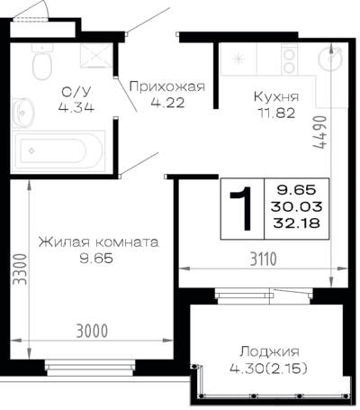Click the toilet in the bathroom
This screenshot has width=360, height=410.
[x=42, y=61]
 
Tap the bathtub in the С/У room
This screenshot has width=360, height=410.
[x=58, y=150]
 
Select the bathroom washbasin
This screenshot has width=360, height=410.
[x=23, y=113]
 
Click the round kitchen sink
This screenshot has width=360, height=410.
[x=330, y=59]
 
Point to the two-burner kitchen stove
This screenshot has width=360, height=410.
[x=289, y=59]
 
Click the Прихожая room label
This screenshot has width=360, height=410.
[x=167, y=87]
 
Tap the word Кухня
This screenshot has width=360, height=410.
[x=276, y=96]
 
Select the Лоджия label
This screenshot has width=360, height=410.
[x=269, y=352]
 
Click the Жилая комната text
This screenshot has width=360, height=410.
[x=98, y=242]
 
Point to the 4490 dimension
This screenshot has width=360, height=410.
[x=319, y=132]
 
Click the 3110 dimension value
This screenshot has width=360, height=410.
[x=264, y=260]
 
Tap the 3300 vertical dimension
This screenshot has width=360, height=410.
[x=21, y=269]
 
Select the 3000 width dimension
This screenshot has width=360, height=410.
[x=92, y=331]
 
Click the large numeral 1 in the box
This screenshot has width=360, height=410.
[x=242, y=208]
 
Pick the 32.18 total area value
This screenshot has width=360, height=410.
[x=296, y=223]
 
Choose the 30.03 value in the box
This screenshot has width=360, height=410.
[x=296, y=206]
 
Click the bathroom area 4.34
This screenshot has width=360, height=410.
[x=76, y=107]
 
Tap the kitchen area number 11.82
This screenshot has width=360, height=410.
[x=276, y=114]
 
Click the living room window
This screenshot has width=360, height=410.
[x=90, y=368]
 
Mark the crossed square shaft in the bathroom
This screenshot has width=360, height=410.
[x=96, y=55]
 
